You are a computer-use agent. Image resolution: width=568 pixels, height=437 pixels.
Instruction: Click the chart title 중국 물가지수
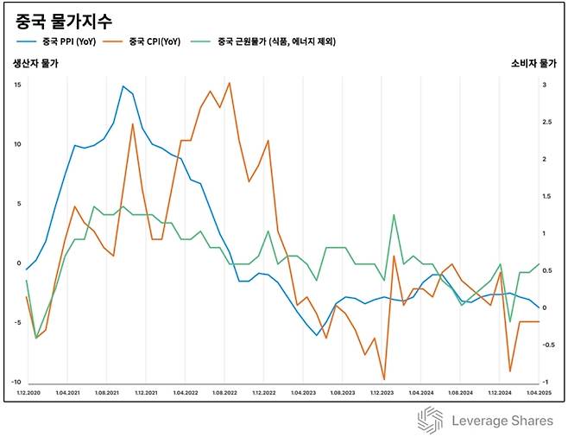pos(64,19)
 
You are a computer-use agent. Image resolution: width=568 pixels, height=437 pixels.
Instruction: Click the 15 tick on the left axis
pos(17,85)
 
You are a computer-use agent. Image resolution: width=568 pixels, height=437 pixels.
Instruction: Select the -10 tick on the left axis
pos(16,383)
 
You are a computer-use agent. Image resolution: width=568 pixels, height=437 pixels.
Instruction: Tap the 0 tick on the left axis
pos(18,263)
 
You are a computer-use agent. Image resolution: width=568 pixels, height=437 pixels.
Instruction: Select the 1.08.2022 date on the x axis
pos(224,393)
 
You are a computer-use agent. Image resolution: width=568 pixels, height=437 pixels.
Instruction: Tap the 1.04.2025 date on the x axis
pos(539,393)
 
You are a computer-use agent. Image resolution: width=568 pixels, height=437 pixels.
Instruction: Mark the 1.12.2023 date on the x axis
pos(382,393)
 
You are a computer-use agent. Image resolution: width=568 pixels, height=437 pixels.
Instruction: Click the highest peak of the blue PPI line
pos(123,86)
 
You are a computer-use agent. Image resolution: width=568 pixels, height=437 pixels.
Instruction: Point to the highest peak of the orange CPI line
pos(230,83)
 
